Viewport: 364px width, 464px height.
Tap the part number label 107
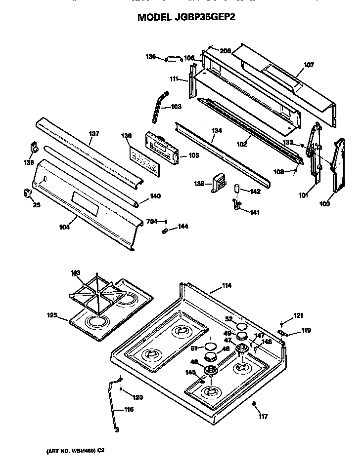[x=309, y=65]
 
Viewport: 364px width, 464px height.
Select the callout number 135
[x=150, y=56]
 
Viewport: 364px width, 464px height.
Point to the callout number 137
[x=94, y=134]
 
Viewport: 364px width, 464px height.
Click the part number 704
[x=151, y=222]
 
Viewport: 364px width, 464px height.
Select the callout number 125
[x=52, y=315]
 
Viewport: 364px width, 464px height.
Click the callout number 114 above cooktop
[x=213, y=285]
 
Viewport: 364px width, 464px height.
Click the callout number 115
[x=128, y=409]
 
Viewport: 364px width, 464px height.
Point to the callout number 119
[x=306, y=330]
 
